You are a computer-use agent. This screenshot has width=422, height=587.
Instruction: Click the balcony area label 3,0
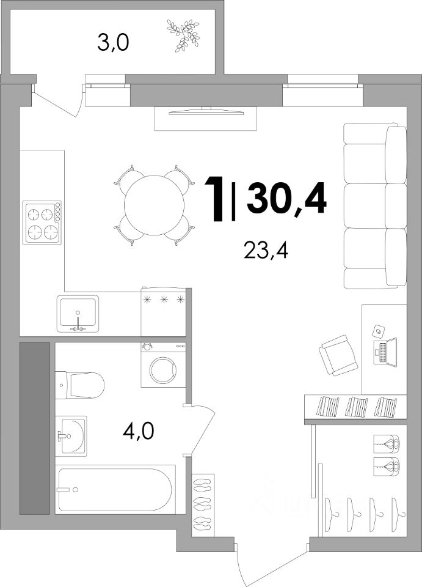click(113, 43)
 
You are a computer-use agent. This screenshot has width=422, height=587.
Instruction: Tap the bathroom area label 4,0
click(138, 432)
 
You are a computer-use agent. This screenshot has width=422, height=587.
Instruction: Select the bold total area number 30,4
click(286, 198)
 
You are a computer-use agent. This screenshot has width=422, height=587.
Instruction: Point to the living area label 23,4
click(266, 250)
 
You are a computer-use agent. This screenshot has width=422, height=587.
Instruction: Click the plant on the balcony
click(183, 35)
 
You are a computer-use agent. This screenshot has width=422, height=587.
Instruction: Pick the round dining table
click(155, 205)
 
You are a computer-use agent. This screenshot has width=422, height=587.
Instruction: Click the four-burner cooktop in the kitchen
click(42, 223)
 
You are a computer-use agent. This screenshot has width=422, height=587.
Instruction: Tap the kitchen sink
click(78, 314)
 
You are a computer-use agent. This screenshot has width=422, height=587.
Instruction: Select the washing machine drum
click(163, 371)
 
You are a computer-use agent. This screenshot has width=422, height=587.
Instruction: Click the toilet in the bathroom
click(79, 385)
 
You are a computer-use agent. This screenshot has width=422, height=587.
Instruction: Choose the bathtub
click(115, 489)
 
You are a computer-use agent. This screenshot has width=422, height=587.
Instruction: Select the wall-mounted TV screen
click(206, 112)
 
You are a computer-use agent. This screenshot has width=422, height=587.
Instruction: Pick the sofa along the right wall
click(375, 206)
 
